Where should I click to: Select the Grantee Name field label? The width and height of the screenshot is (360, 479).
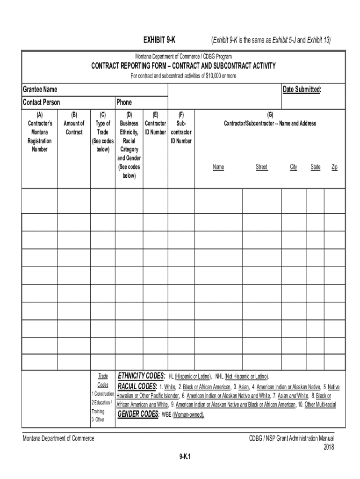[x=40, y=89]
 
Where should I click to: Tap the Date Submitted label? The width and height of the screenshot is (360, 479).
[x=302, y=89]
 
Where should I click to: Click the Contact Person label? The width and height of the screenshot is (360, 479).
[x=41, y=102]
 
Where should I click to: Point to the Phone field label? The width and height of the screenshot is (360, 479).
[x=124, y=102]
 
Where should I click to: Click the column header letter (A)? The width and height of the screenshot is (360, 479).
[x=40, y=115]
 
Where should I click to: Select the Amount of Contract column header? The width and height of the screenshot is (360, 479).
[x=74, y=128]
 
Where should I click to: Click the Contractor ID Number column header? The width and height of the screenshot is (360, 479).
[x=155, y=128]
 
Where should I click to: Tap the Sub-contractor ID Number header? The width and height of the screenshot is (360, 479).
[x=181, y=132]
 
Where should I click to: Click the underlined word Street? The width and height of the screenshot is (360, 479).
[x=261, y=167]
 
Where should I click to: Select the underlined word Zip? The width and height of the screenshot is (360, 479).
[x=334, y=167]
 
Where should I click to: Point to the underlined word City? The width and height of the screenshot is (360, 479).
[x=293, y=167]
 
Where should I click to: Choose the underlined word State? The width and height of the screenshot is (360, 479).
[x=316, y=167]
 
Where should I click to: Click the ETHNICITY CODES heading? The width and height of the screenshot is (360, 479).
[x=141, y=376]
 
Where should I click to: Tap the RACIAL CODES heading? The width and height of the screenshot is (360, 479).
[x=137, y=386]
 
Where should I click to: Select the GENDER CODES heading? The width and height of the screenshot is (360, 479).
[x=137, y=414]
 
